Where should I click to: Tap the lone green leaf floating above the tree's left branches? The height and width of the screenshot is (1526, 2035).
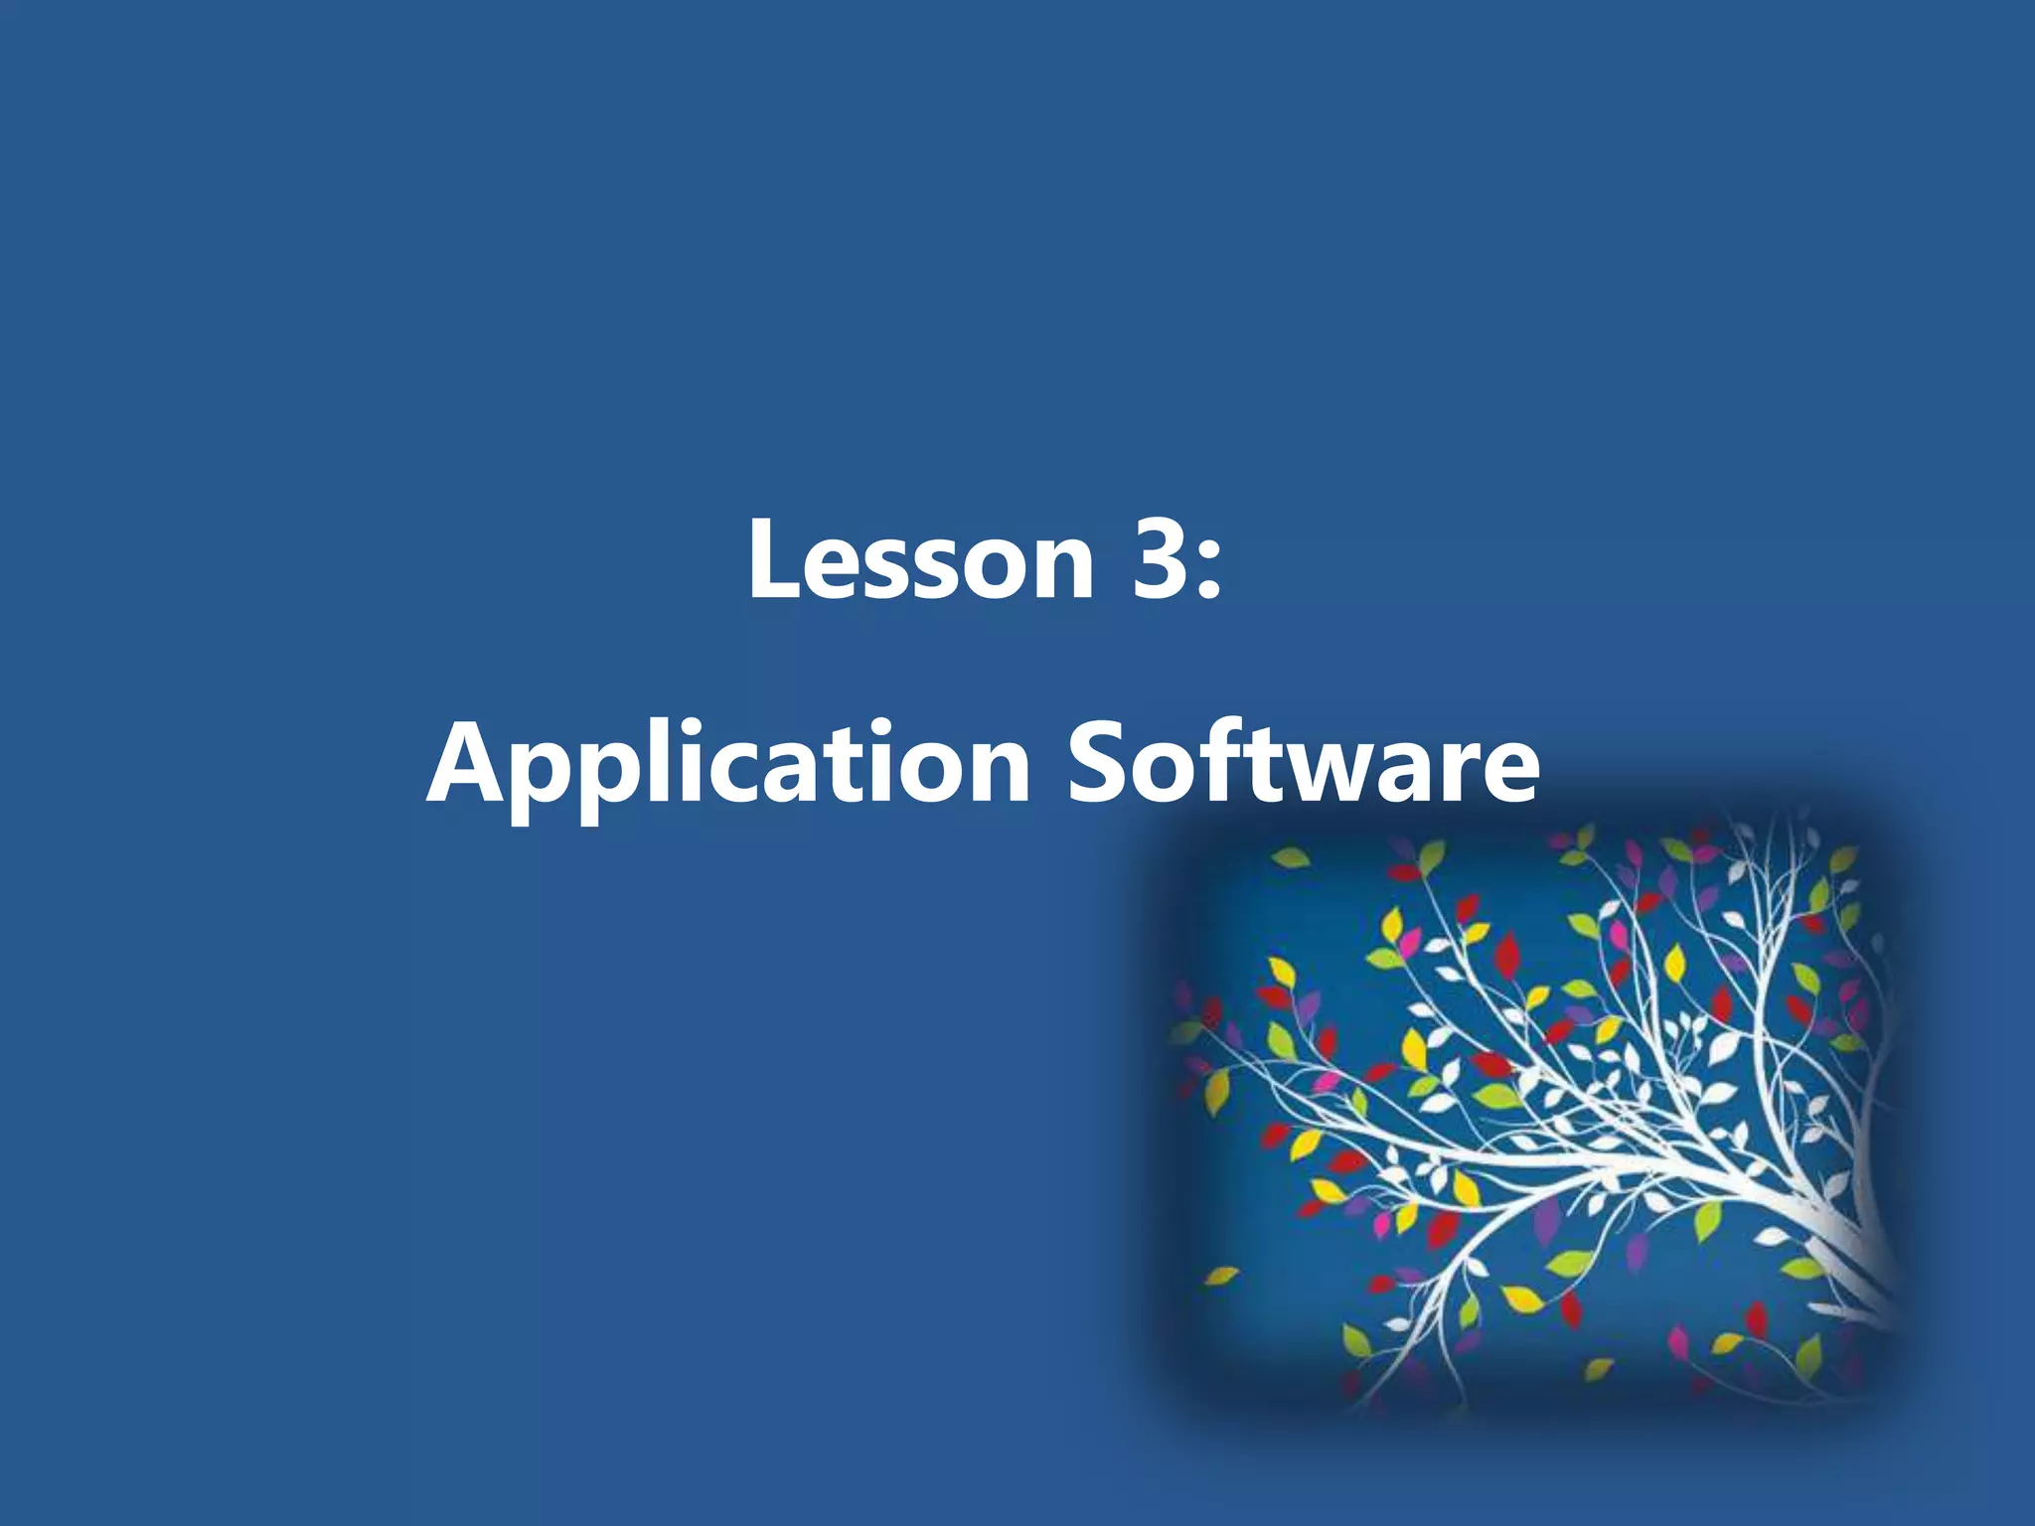(x=1288, y=857)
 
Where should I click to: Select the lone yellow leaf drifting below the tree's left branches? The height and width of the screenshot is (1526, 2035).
(x=1221, y=1276)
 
